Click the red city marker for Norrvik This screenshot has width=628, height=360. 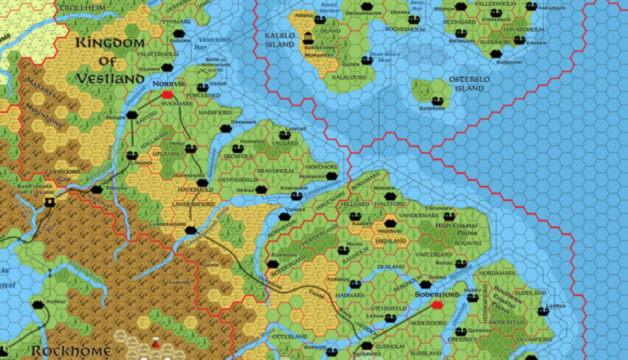coord(167,94)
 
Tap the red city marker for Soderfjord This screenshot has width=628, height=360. coord(437,305)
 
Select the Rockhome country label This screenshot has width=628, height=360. coord(71,351)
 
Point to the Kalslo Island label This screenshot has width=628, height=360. coord(279,40)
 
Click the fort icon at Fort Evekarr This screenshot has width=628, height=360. coord(50,201)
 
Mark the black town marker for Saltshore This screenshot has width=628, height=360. coord(437,101)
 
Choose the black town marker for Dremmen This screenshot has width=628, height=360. coord(226,128)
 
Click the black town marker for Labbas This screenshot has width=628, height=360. coord(543,311)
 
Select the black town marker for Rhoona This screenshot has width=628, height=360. coord(97,189)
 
